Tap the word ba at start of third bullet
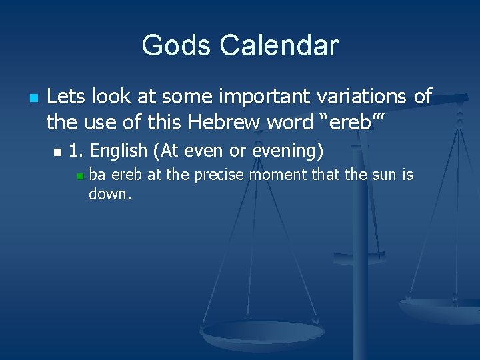point(97,175)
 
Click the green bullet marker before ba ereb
point(79,176)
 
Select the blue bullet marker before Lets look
point(35,97)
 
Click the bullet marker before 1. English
point(57,152)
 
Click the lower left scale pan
point(263,333)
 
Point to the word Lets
point(66,96)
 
